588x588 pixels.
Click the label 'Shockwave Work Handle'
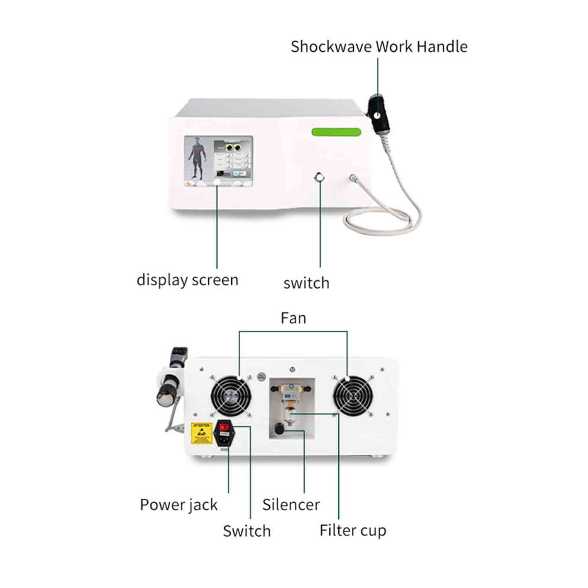[379, 46]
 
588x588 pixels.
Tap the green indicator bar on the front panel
[336, 132]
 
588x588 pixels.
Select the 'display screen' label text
[187, 280]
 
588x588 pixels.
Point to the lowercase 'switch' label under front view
[306, 283]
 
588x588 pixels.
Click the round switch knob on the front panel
[320, 177]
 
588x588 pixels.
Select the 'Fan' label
[293, 318]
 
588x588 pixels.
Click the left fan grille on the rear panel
[230, 396]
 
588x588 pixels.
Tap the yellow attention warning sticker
[201, 433]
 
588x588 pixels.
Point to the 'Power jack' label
[178, 505]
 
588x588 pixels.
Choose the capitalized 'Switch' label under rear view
[247, 531]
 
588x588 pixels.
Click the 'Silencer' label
[291, 505]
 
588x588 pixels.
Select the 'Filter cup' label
[353, 530]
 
